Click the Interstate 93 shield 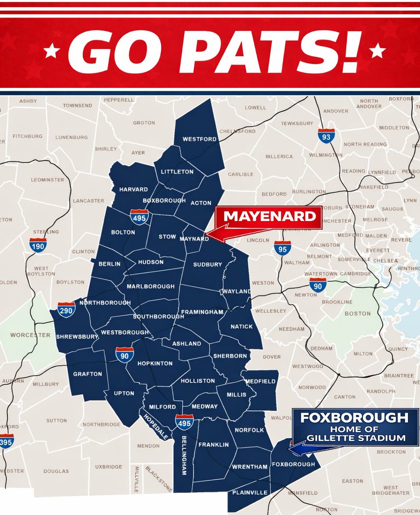[x=326, y=136]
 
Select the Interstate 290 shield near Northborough [x=66, y=310]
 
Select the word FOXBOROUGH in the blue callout [x=354, y=418]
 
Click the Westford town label [x=199, y=139]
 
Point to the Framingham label [x=202, y=312]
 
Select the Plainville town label [x=250, y=492]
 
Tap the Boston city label [x=357, y=314]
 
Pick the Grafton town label [x=87, y=374]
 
